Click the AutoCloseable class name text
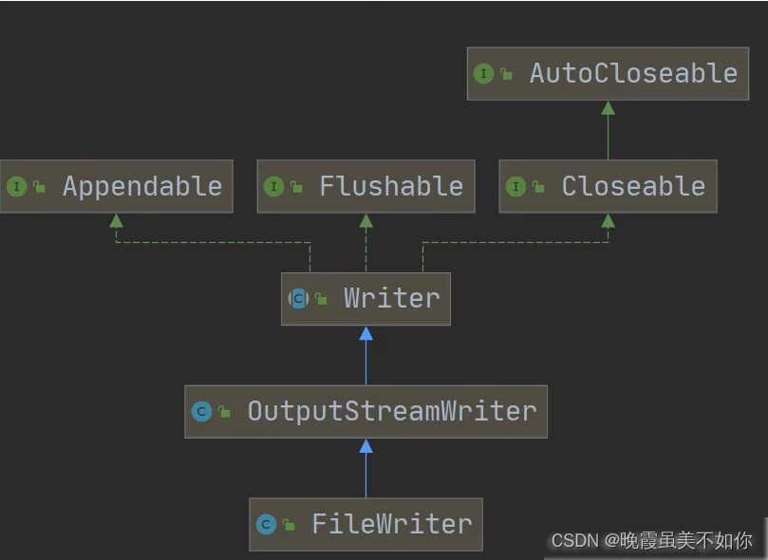tap(633, 73)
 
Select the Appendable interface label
tap(141, 186)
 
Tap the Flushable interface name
tap(391, 186)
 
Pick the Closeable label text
tap(633, 186)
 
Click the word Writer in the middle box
tap(391, 298)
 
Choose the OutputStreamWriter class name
tap(391, 411)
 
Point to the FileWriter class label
tap(391, 524)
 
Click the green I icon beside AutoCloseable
tap(483, 73)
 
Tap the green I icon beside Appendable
tap(16, 186)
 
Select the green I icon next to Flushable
tap(273, 186)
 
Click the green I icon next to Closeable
tap(515, 186)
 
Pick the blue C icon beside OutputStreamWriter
tap(201, 411)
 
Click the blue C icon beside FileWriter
tap(266, 524)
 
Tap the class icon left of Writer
tap(298, 298)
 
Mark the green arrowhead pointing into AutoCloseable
tap(608, 108)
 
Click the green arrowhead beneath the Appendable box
tap(116, 220)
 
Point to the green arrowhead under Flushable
tap(365, 220)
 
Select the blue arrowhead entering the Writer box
tap(365, 333)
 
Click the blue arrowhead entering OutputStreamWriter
tap(365, 446)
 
